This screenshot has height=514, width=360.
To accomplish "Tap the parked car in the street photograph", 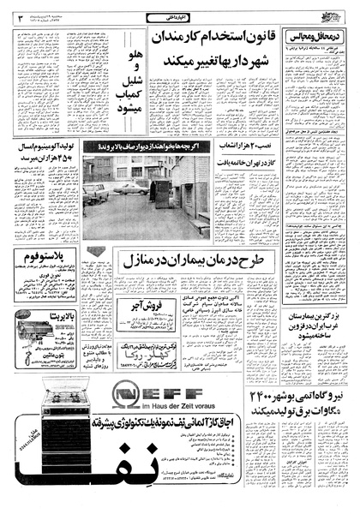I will [129, 187].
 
